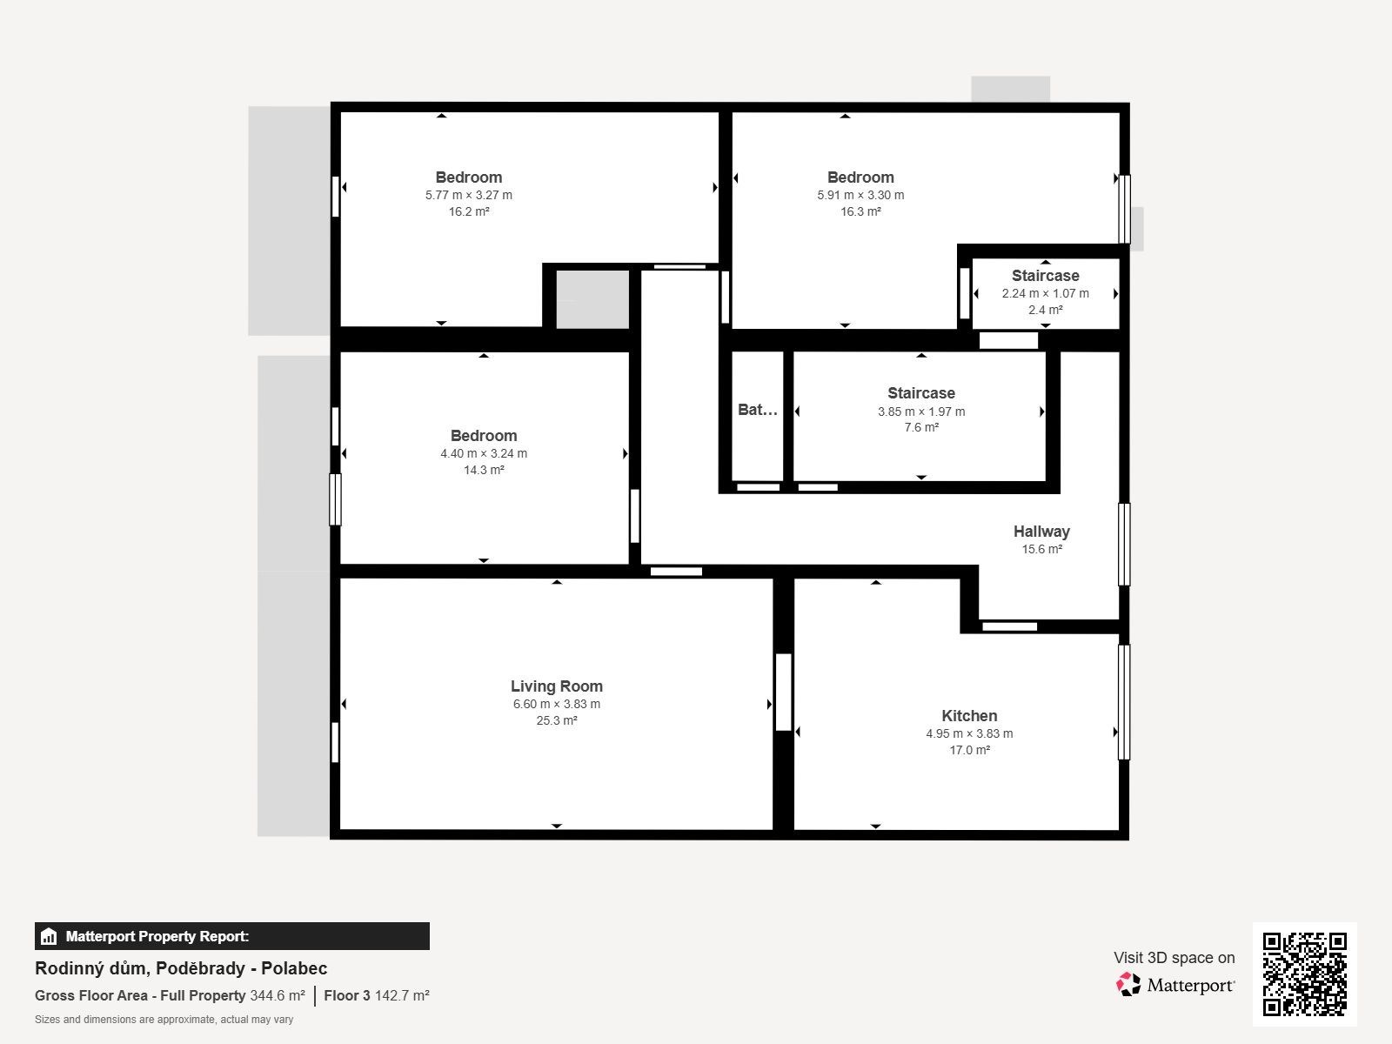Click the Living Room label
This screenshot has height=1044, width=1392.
(556, 686)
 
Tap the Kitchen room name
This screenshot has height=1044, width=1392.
(969, 716)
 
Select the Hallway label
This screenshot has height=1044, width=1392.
(1041, 532)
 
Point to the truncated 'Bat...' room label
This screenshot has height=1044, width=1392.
(757, 410)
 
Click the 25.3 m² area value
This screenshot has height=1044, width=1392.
(556, 720)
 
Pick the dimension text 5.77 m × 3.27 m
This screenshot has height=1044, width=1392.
(469, 195)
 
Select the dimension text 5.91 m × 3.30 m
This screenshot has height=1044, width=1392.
(860, 195)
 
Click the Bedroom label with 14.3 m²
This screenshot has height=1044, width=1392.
(483, 436)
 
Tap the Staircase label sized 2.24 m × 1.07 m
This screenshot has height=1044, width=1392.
(1045, 276)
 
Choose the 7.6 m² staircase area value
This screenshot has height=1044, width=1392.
(921, 427)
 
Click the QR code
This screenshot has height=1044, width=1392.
(1304, 974)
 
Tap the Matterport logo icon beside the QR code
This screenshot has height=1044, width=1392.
(1128, 985)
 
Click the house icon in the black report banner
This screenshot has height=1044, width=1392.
(49, 936)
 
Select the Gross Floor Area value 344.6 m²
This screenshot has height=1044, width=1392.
(278, 995)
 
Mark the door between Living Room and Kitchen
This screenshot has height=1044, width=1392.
(783, 693)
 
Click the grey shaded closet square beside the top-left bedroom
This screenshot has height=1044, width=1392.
(592, 299)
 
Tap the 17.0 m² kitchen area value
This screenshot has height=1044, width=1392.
(969, 750)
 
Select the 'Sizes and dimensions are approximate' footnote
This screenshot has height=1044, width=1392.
(164, 1020)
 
